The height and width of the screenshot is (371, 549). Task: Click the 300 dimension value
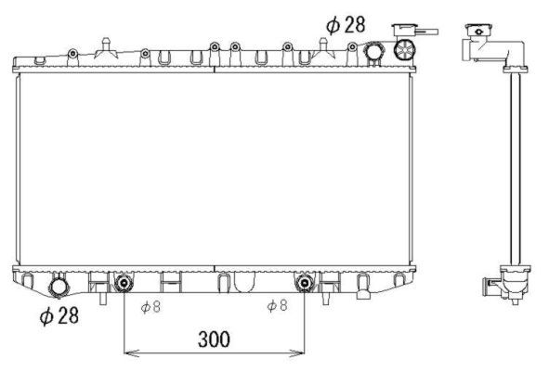point(214,339)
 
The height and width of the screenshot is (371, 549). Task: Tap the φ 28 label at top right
point(346,25)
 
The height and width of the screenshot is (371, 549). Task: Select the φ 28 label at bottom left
point(59,315)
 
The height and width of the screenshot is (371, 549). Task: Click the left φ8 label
point(150,307)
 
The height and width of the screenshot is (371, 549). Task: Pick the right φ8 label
point(278,305)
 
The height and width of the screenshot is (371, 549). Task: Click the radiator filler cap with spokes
point(404,49)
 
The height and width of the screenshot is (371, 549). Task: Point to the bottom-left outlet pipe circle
point(59,288)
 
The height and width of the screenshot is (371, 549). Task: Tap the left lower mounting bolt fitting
point(124,283)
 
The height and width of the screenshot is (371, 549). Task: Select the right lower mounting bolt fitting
point(304,283)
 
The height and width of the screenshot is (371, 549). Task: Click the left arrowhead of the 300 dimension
point(131,353)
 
